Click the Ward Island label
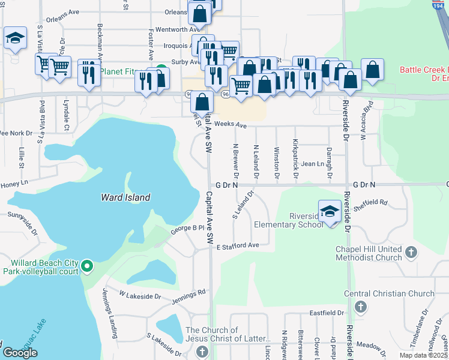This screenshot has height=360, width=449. [x=125, y=197]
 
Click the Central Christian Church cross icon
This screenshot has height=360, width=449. [x=360, y=308]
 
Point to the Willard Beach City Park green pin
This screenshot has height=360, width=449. [x=87, y=265]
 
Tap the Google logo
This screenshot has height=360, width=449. [x=20, y=353]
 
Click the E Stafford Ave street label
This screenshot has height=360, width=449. [x=238, y=246]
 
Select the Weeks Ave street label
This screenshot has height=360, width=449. [x=231, y=125]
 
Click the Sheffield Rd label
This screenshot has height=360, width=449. [x=374, y=203]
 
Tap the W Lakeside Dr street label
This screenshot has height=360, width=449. [x=140, y=295]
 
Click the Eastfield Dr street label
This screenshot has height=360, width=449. [x=327, y=313]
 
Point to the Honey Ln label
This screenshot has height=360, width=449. [x=14, y=182]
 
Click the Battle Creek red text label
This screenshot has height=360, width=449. [x=424, y=70]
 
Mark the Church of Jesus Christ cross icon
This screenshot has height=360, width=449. [x=202, y=351]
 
